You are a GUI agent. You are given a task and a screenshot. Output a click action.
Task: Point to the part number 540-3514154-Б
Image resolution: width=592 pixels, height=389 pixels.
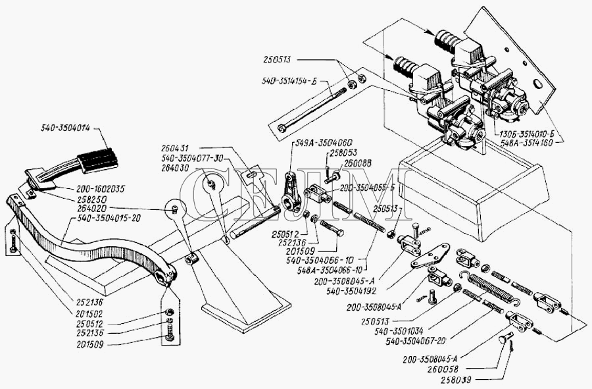pyautogui.click(x=289, y=82)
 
